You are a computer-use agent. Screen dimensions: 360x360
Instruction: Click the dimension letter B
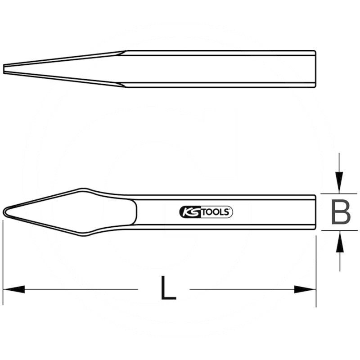[341, 212]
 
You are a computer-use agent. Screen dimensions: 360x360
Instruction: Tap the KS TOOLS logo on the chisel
[206, 212]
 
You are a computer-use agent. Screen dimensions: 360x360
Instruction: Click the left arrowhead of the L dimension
[13, 289]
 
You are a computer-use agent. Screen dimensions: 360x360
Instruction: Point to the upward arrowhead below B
[340, 243]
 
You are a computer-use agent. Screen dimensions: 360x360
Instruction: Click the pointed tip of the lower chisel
[4, 211]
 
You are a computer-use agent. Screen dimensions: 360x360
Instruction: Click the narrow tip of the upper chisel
[4, 68]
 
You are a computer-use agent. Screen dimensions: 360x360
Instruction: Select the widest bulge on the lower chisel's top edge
[83, 189]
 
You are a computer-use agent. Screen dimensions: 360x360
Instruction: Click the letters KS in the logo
[189, 212]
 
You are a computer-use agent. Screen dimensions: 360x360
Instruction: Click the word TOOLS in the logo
[213, 212]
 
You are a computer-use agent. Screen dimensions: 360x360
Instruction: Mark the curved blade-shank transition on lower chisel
[135, 211]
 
